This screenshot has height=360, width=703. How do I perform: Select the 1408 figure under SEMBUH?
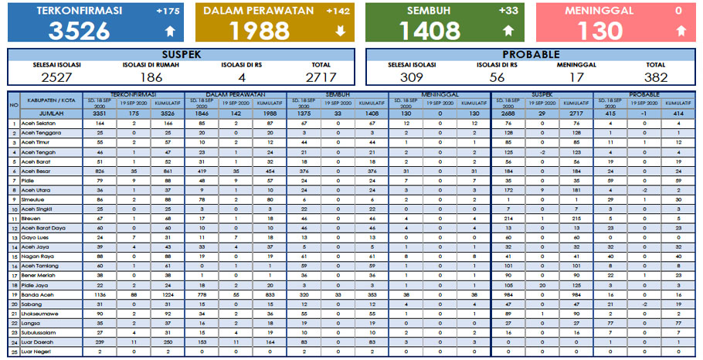430,30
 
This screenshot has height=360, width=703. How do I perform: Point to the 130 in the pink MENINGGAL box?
600,30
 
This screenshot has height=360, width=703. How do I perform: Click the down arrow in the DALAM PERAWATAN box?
341,31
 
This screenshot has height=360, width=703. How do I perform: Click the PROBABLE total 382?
655,76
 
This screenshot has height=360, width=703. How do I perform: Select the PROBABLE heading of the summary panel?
531,54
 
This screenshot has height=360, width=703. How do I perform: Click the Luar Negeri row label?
38,352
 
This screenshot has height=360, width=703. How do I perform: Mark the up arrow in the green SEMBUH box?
508,31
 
